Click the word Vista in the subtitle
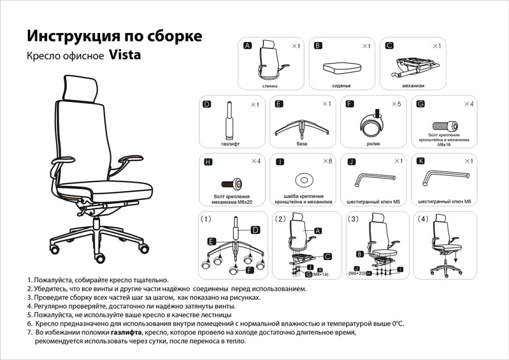[x=124, y=55]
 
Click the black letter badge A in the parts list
[x=248, y=46]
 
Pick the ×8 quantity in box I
[x=327, y=161]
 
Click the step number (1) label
[x=206, y=220]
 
